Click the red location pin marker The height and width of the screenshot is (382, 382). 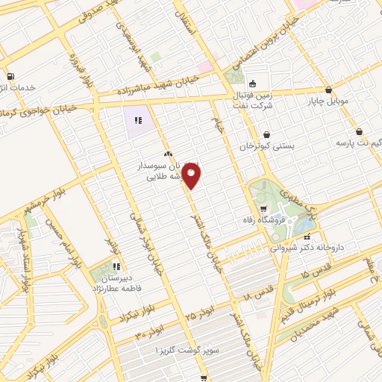tap(192, 176)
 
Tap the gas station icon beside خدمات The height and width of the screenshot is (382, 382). tap(10, 76)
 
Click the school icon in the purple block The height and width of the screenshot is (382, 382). tap(137, 119)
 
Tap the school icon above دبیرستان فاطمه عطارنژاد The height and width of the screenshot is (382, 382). tap(116, 266)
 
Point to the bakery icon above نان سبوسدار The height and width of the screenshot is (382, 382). tap(168, 153)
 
